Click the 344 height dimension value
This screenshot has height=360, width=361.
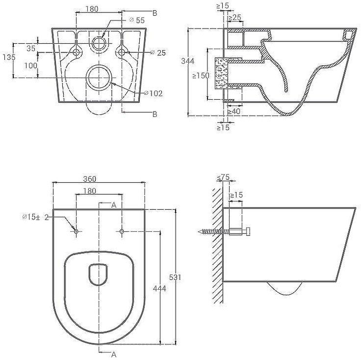click(188, 61)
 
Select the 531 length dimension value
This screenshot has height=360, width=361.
click(175, 277)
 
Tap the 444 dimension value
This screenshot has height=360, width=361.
click(159, 288)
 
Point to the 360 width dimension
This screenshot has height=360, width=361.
click(90, 179)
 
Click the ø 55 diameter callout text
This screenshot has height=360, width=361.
click(137, 20)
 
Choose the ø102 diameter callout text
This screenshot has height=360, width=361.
click(154, 93)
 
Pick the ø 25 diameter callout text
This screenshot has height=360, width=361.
click(158, 53)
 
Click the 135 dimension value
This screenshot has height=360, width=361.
click(9, 57)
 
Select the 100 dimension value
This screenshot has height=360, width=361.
click(31, 66)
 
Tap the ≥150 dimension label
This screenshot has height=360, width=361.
click(201, 76)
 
